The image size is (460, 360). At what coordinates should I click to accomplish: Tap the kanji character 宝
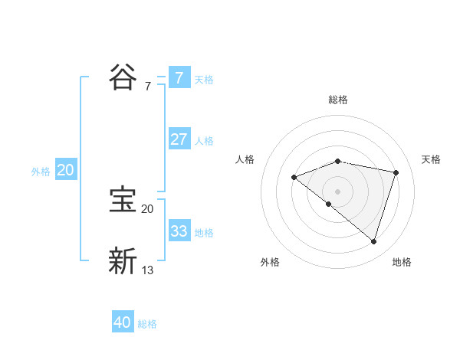point(123,201)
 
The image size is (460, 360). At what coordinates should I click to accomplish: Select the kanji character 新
point(123,261)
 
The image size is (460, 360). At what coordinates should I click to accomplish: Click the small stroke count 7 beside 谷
point(147,87)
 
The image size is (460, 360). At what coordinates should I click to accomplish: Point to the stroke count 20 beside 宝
point(147,209)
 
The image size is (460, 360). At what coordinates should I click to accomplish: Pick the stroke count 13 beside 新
point(148,270)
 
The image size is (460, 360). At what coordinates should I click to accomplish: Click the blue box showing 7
point(179,78)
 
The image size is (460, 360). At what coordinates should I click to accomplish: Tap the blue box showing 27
point(179,139)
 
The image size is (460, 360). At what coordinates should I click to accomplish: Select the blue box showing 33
point(179,231)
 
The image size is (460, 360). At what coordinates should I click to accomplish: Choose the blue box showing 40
point(123,322)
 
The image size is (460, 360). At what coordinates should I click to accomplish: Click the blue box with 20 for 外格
point(65,170)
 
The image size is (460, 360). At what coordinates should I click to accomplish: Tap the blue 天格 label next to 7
point(204,79)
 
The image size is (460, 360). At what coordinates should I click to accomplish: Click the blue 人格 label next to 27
point(204,140)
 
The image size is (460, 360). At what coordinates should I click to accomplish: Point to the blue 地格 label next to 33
point(204,232)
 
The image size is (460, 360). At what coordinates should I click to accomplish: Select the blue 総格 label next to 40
point(147,324)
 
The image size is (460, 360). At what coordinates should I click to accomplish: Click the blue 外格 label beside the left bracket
point(41,172)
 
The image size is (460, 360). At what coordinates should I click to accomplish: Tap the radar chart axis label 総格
point(337,100)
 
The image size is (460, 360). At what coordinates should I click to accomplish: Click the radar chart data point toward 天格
point(396,172)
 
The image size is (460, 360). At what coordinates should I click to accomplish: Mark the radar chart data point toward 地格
point(373,241)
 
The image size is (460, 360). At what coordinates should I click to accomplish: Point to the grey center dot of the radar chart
point(337,191)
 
